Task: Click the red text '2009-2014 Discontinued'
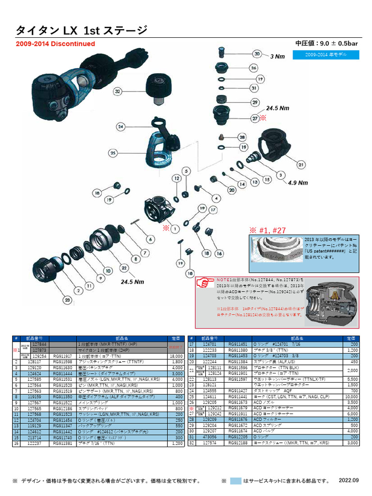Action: point(56,44)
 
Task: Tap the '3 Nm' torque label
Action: point(278,57)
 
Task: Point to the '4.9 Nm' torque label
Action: point(298,183)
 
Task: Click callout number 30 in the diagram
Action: point(257,54)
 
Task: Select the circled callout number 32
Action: point(117,91)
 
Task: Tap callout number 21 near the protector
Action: point(300,165)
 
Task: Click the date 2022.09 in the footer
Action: point(349,480)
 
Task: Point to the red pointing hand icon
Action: point(206,282)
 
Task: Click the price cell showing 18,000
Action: point(176,356)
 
